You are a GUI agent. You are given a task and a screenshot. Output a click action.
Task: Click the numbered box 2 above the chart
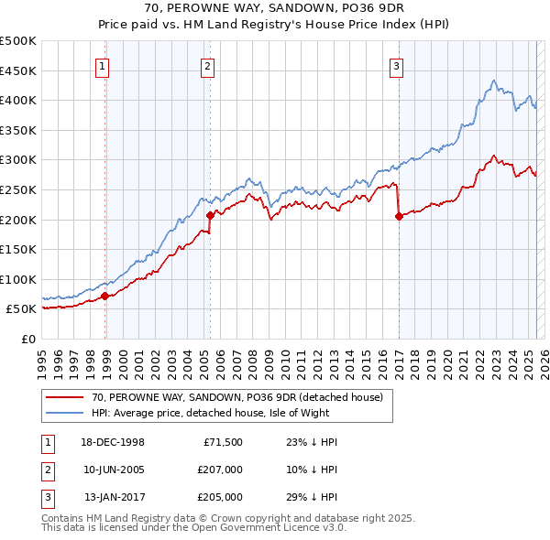click(208, 65)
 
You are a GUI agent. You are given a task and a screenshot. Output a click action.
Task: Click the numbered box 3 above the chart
click(396, 65)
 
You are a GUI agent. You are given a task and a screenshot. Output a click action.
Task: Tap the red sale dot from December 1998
click(105, 296)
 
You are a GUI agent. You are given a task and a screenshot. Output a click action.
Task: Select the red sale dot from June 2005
click(210, 216)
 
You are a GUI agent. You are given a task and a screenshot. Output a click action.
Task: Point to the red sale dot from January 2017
click(399, 217)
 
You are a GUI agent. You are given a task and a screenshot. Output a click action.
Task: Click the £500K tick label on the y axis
click(18, 41)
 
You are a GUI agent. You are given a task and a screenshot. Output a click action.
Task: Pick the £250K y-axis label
click(18, 189)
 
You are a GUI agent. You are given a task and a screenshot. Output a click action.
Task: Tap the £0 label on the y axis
click(27, 339)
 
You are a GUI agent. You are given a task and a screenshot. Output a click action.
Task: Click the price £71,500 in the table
click(222, 441)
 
